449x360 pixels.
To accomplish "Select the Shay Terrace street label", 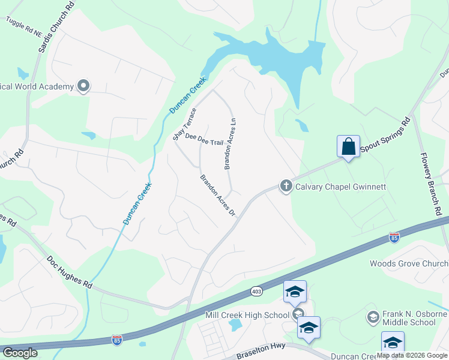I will (x=185, y=124).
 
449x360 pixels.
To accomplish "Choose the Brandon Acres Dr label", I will (x=217, y=196).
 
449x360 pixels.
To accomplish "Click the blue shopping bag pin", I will (x=348, y=146).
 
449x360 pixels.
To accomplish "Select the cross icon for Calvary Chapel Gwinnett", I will (x=286, y=187).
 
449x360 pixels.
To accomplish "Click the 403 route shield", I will (x=255, y=291).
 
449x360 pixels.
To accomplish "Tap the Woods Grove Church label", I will (x=409, y=263).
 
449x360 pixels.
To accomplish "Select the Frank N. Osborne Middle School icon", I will (x=372, y=317).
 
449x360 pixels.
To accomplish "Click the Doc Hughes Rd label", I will (x=70, y=273).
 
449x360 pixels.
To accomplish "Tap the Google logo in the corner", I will (x=20, y=353).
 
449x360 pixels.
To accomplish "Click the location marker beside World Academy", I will (x=84, y=86).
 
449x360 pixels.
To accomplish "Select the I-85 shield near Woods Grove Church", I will (x=394, y=238).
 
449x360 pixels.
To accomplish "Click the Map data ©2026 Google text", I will (x=412, y=355).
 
